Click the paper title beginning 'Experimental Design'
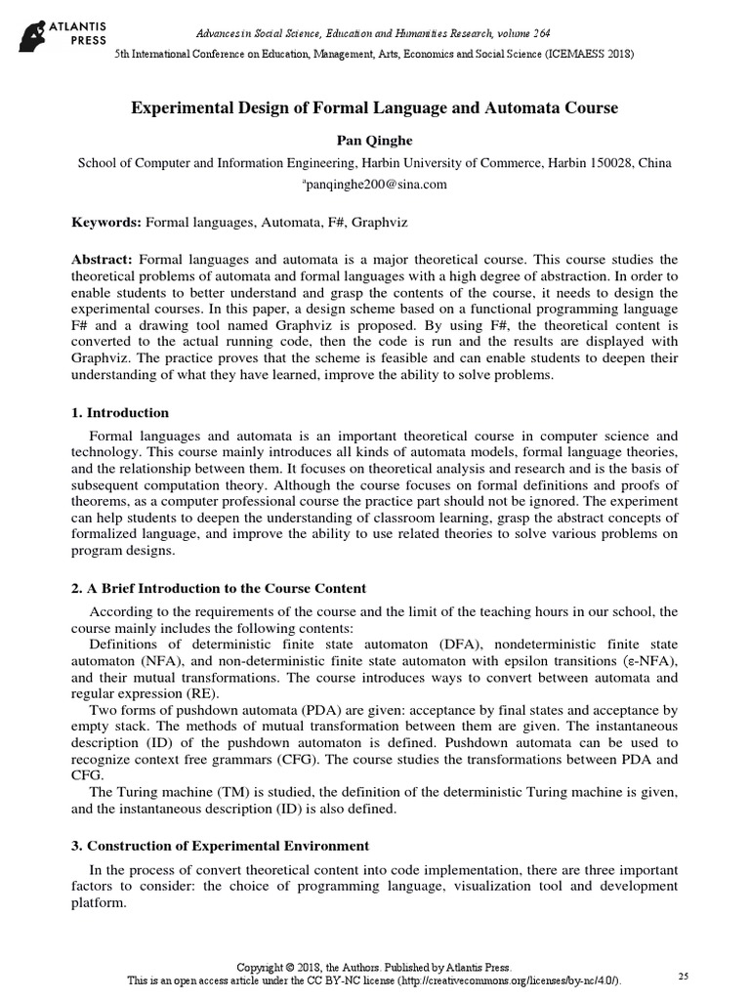click(374, 108)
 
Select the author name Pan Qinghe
click(374, 140)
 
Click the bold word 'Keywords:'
click(106, 223)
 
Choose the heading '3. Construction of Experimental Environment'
click(221, 844)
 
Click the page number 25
click(683, 977)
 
